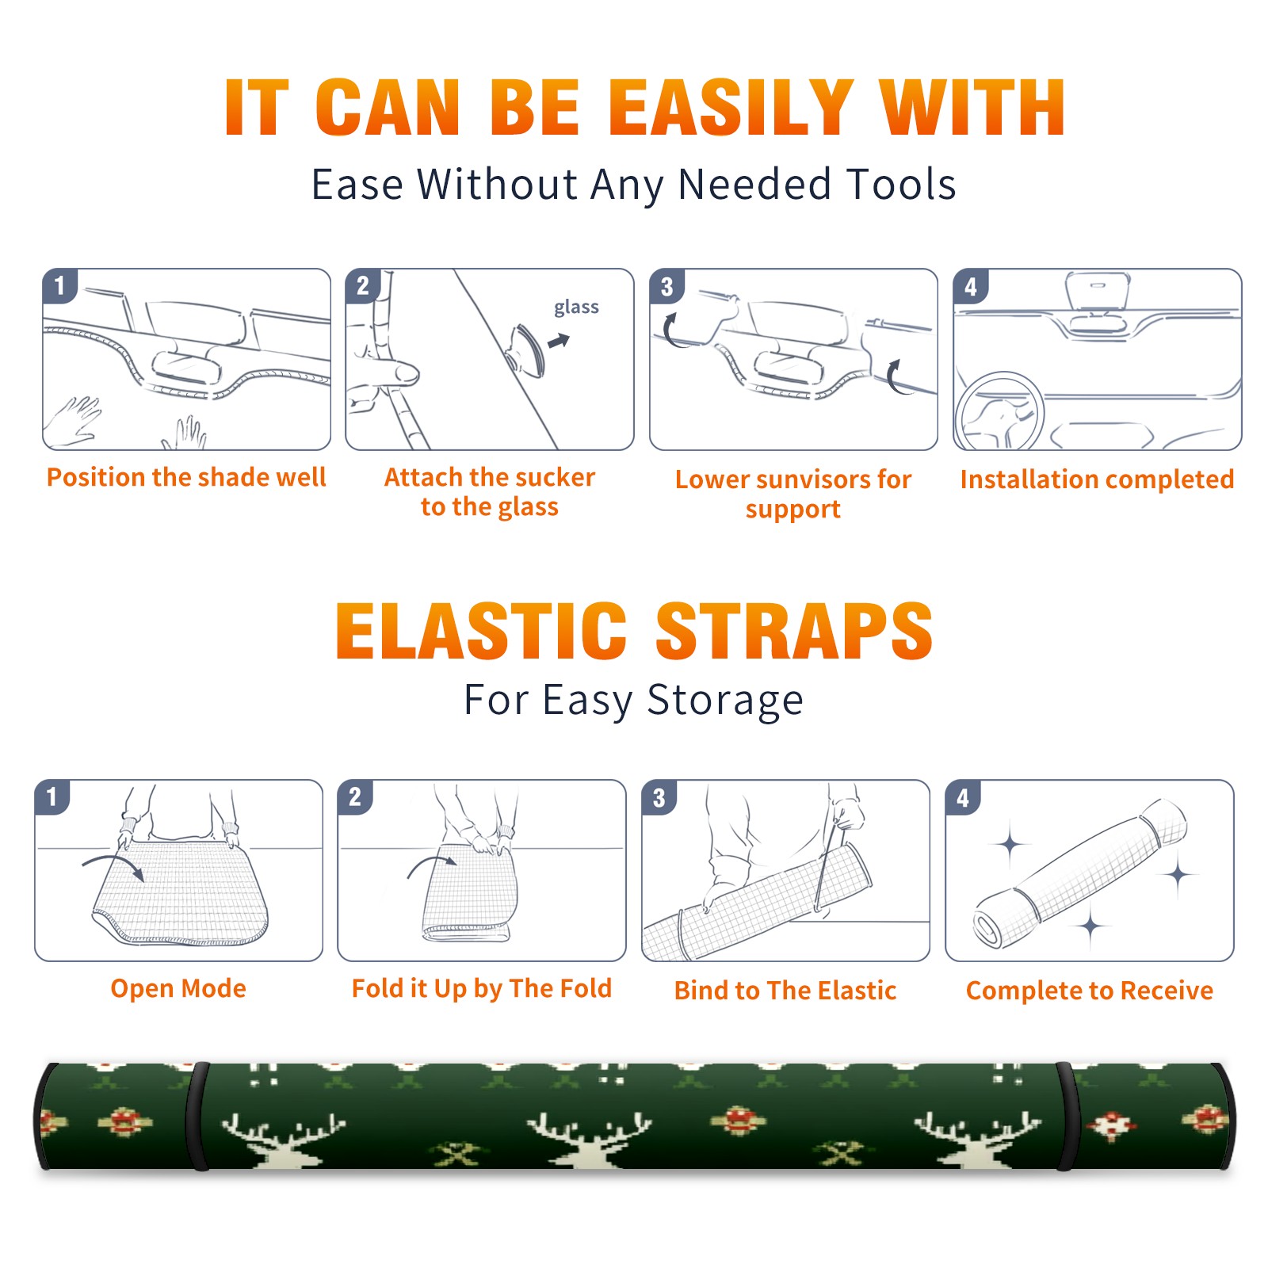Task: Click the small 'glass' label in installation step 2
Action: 576,307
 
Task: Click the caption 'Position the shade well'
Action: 186,477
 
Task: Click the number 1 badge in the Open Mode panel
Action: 52,796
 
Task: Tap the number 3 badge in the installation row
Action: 666,286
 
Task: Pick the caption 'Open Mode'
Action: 178,988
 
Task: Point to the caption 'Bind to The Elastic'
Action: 785,990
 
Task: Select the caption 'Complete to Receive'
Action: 1090,990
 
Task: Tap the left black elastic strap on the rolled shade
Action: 197,1116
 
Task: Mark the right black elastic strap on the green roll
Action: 1065,1116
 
